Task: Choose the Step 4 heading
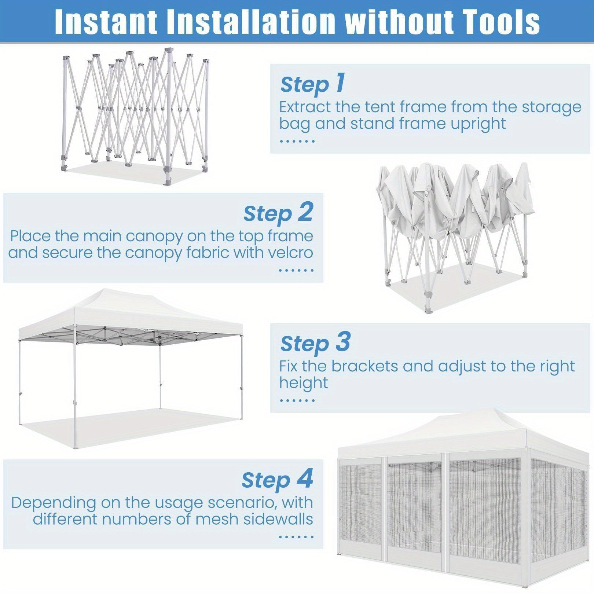coord(278,479)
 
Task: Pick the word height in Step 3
coord(304,383)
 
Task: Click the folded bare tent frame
coord(135,114)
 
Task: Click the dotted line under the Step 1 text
coord(297,141)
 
